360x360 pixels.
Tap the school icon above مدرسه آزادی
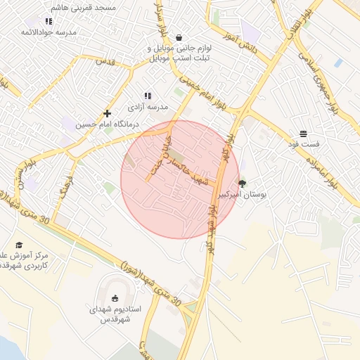pos(148,95)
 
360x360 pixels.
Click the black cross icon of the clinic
pos(107,113)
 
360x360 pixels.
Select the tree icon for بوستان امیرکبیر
pos(243,183)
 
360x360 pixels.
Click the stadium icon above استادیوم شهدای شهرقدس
pos(115,297)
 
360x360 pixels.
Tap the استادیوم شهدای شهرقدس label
pos(115,314)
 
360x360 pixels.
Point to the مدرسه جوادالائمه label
pos(48,32)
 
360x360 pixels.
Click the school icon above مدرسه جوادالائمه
pos(48,21)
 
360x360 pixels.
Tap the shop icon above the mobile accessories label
pos(179,38)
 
